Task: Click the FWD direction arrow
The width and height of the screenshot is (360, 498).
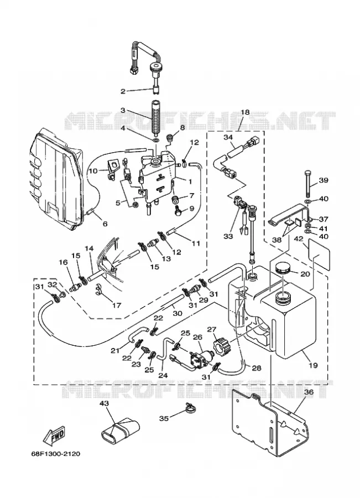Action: [x=55, y=435]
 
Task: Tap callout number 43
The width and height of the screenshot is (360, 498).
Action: [x=104, y=404]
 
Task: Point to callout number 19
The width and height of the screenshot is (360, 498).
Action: [x=314, y=365]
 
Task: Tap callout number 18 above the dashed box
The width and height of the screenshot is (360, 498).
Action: [x=245, y=112]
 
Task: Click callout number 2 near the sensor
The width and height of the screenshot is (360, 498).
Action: [x=123, y=91]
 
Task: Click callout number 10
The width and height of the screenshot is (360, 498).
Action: [x=93, y=171]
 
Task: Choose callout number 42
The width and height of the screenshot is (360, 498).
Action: [x=298, y=239]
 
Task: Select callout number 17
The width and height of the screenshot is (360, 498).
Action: [x=117, y=305]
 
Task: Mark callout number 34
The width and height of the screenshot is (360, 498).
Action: [x=228, y=138]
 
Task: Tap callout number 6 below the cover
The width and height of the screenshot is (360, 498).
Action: [x=105, y=224]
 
